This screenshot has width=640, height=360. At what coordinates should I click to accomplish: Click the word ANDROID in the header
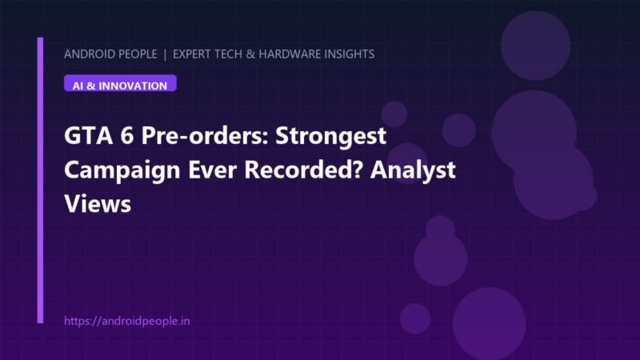(x=89, y=54)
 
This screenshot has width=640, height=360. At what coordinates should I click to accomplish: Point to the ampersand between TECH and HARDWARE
(x=250, y=54)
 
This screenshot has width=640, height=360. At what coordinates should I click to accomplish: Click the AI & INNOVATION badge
(x=120, y=83)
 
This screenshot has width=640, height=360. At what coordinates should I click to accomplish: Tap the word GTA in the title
(x=88, y=135)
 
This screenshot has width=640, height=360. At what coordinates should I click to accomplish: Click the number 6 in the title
(x=127, y=135)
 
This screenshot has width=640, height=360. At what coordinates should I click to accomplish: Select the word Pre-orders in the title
(x=205, y=135)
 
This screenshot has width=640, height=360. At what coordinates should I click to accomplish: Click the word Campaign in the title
(x=122, y=170)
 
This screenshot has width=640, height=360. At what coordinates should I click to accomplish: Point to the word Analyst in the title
(x=413, y=170)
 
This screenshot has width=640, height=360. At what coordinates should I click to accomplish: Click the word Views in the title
(x=98, y=203)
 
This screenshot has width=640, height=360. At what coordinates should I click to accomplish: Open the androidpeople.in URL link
(x=127, y=322)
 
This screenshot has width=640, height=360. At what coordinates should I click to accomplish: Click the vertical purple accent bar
(x=40, y=181)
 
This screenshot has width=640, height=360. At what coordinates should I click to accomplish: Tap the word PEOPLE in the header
(x=138, y=54)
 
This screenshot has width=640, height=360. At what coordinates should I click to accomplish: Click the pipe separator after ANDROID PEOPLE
(x=165, y=54)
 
